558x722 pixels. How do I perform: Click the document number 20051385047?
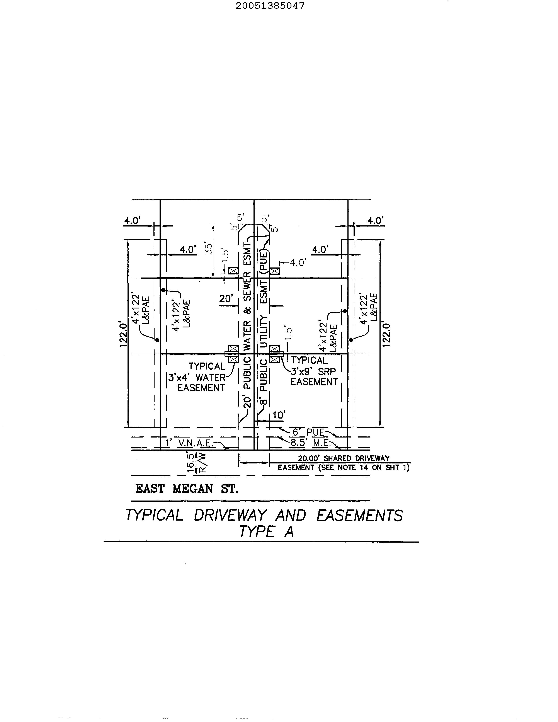click(x=270, y=6)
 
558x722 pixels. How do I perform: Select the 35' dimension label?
click(x=208, y=249)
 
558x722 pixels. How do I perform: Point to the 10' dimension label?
click(x=279, y=415)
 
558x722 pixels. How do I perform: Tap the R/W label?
click(x=202, y=463)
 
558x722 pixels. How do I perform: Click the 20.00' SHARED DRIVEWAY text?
click(x=344, y=458)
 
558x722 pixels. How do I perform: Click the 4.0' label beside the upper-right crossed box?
click(x=298, y=263)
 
